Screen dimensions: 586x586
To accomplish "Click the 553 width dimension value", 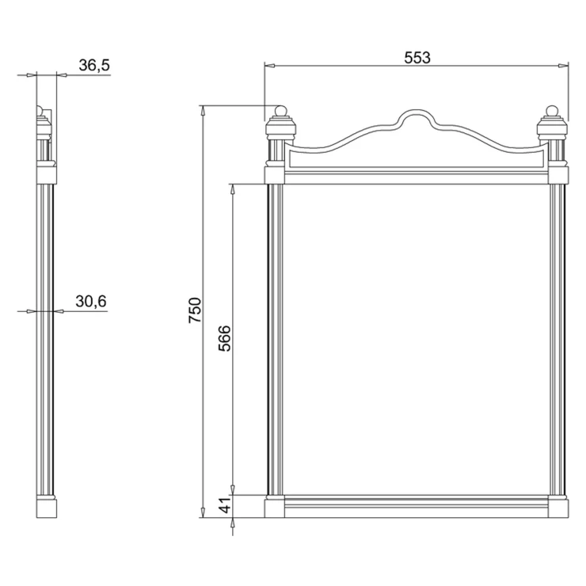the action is click(417, 58).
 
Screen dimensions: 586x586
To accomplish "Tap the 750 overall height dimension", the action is click(195, 310).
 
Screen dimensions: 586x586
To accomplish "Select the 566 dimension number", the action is click(225, 339).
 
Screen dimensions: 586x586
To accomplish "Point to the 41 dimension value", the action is click(225, 506).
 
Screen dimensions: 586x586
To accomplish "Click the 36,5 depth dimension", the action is click(94, 65).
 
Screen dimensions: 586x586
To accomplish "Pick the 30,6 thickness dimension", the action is click(91, 301).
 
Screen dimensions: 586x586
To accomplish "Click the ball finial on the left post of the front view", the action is click(280, 112).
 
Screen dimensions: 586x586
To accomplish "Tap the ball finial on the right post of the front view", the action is click(552, 112).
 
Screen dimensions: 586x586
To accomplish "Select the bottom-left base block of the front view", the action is click(274, 508).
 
